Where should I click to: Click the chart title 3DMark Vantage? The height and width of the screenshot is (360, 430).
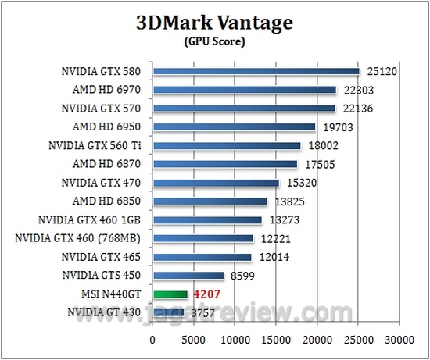(213, 23)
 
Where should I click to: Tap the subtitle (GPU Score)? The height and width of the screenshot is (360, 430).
(213, 41)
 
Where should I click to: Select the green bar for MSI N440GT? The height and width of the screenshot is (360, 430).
(171, 294)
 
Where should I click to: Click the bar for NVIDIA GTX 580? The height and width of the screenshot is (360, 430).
(256, 71)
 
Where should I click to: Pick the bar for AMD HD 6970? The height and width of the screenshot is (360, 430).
(245, 90)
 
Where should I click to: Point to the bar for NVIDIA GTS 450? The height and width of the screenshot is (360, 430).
(189, 276)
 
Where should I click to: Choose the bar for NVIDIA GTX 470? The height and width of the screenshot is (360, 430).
(217, 183)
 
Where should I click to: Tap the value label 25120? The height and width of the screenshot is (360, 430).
(380, 72)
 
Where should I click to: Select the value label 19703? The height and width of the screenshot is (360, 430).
(335, 127)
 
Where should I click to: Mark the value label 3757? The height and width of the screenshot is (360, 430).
(204, 313)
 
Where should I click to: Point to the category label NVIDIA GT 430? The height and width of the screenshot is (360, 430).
(105, 313)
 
